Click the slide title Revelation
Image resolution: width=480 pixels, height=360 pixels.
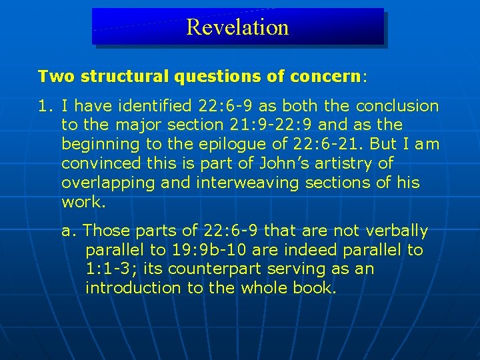tap(237, 27)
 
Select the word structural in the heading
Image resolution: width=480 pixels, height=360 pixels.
tap(125, 76)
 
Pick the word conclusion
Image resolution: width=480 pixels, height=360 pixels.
tap(397, 106)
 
